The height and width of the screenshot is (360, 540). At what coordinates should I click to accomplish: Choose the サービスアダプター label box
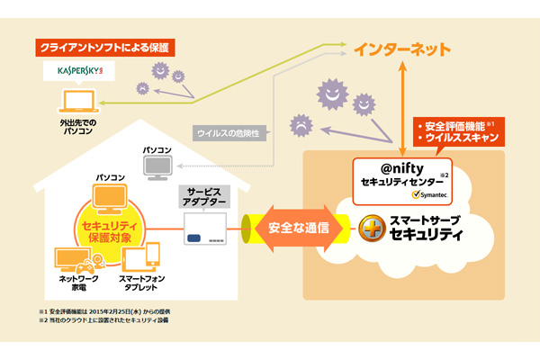(204, 198)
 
